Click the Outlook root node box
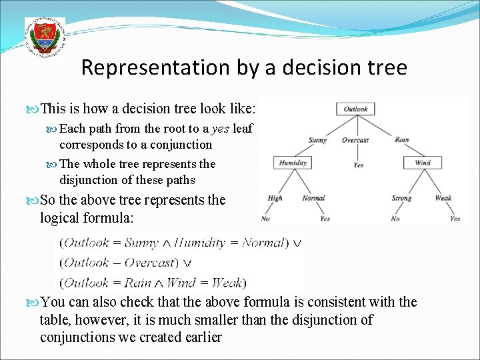pos(355,109)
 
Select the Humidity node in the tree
pos(293,163)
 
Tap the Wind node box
pos(423,163)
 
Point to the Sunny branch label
pos(317,141)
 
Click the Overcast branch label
pos(355,141)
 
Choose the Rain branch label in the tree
pos(401,140)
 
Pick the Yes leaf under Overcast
pos(358,165)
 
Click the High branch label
pos(275,198)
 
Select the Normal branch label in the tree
pos(313,198)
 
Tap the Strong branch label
pos(401,198)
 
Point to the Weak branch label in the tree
pos(443,198)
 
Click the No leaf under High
pos(265,219)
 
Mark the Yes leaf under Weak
pos(455,219)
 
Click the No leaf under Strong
pos(395,219)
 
